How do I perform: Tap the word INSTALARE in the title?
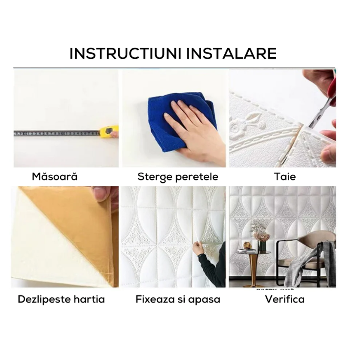[232, 54]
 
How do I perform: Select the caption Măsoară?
[55, 177]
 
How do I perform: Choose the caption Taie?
[285, 177]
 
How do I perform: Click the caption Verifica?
[285, 299]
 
